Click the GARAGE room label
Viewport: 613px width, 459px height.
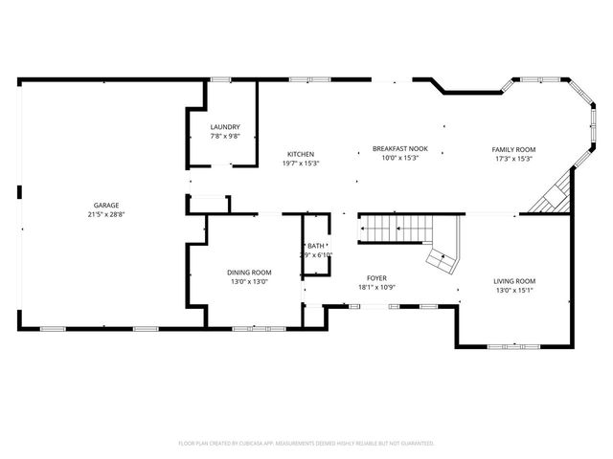point(105,206)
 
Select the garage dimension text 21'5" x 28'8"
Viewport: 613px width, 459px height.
point(105,215)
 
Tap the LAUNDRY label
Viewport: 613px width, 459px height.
point(225,127)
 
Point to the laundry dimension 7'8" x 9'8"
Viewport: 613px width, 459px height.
point(225,137)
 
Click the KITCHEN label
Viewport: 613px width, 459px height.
point(301,154)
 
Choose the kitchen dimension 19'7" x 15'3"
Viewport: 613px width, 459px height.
point(301,164)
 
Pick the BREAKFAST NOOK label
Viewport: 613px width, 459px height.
point(399,149)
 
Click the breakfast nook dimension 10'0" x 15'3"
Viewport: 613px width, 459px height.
point(399,158)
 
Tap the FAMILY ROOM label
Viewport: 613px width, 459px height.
point(513,149)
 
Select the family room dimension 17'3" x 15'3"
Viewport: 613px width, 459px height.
point(513,159)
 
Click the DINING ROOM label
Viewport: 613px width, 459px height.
point(249,272)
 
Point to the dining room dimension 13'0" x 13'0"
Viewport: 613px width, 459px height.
point(249,281)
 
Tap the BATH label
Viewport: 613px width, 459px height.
point(315,246)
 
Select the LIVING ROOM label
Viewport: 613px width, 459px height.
point(514,281)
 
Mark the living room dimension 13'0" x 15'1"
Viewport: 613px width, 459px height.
point(514,291)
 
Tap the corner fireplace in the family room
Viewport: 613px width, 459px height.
point(554,198)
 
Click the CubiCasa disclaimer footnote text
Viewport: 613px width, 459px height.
point(306,444)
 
